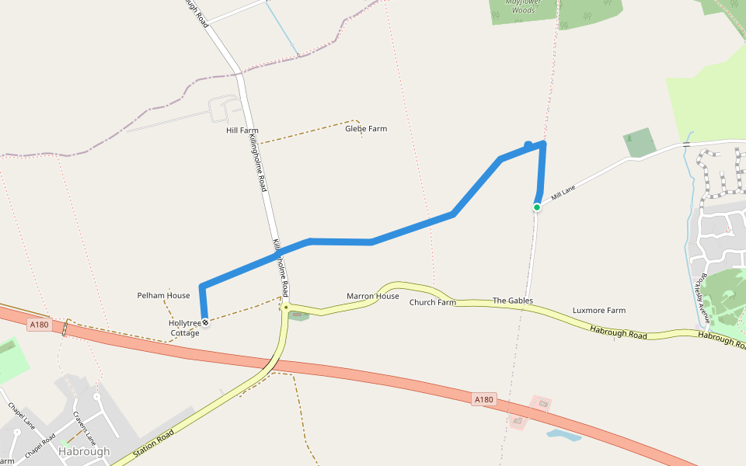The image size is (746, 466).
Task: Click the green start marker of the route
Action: point(537,207)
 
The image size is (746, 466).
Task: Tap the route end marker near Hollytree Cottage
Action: point(205,322)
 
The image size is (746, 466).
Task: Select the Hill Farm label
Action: point(242,130)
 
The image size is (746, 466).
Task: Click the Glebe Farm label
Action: point(366,129)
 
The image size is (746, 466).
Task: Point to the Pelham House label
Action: point(163,296)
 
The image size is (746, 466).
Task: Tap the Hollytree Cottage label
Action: point(185,328)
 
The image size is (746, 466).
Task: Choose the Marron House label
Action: point(373,297)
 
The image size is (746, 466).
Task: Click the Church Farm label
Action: point(432,302)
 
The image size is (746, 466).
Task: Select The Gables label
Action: point(513,301)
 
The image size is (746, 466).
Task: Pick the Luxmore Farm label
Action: point(598,311)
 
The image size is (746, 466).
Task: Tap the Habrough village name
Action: point(84,451)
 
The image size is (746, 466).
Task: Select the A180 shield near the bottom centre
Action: point(483,400)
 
